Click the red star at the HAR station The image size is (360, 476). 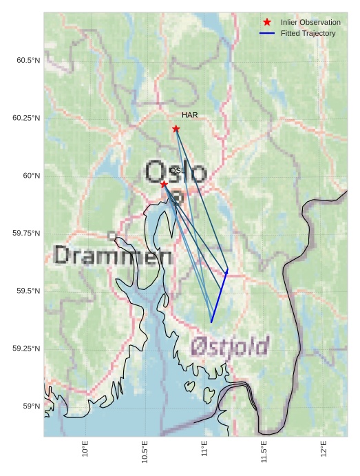(x=176, y=129)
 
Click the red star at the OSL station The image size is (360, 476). (x=164, y=185)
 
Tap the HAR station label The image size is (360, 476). (x=190, y=114)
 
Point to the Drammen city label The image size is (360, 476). (x=113, y=256)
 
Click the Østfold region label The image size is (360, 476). (x=230, y=346)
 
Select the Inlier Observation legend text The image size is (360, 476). (x=310, y=22)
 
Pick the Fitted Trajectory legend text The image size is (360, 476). (x=308, y=33)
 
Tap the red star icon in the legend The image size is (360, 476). (x=267, y=22)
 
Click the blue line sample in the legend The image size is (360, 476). (x=267, y=33)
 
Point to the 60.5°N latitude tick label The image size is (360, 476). (x=28, y=61)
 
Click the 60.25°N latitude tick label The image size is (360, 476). (x=26, y=118)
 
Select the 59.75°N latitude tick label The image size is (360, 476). (x=26, y=234)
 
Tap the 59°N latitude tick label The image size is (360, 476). (x=31, y=406)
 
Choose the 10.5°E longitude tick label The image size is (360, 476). (x=145, y=451)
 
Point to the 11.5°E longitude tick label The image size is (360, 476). (x=264, y=451)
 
